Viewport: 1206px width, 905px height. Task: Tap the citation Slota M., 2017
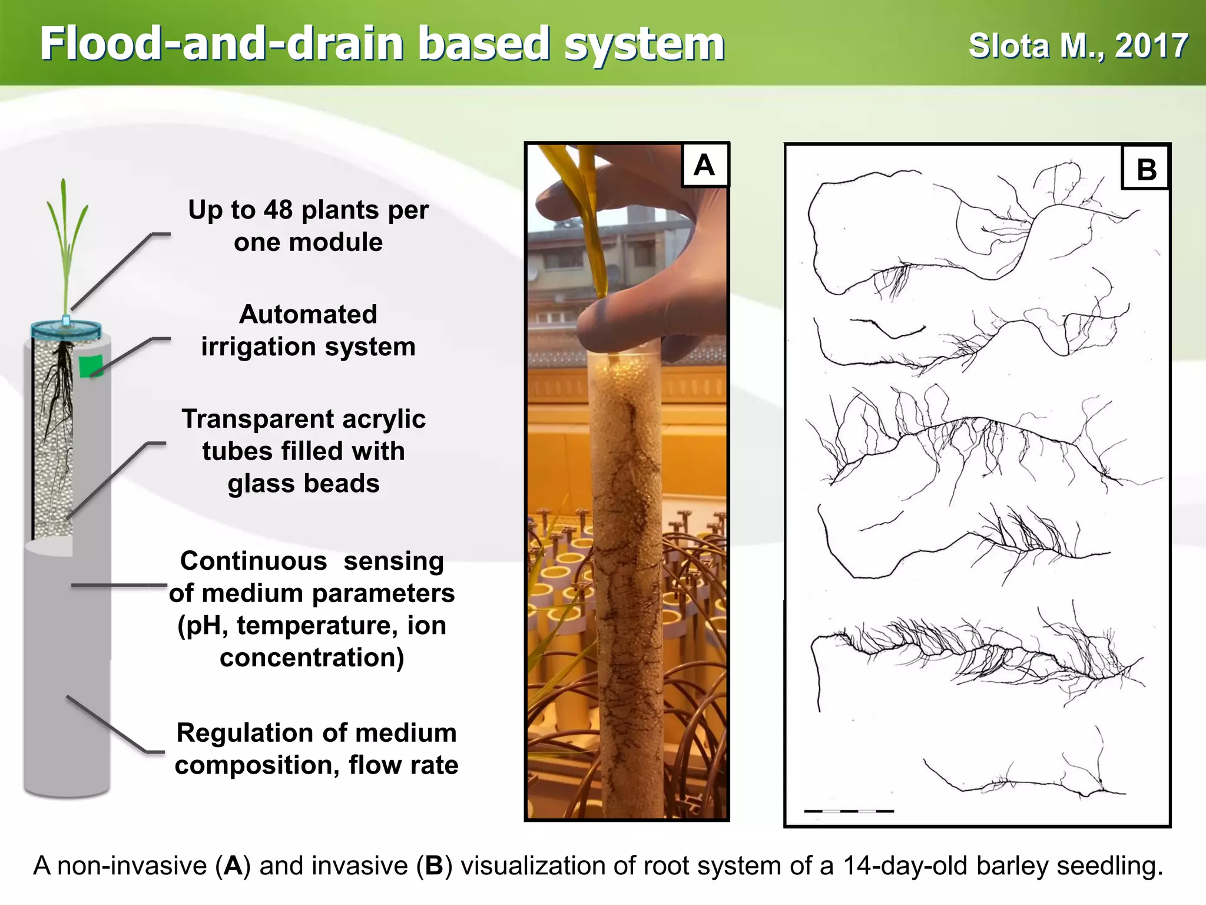click(1078, 46)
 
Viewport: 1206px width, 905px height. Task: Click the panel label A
click(704, 166)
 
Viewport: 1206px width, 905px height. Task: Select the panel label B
click(1146, 170)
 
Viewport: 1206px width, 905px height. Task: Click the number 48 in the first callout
click(278, 210)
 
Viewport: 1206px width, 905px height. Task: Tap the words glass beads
click(303, 484)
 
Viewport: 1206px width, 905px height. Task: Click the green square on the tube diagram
click(91, 366)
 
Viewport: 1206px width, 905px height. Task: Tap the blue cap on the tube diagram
click(66, 328)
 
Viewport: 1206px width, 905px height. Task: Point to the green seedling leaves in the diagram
click(67, 236)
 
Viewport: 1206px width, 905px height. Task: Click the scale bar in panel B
click(849, 811)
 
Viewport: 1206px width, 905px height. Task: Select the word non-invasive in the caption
click(132, 866)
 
